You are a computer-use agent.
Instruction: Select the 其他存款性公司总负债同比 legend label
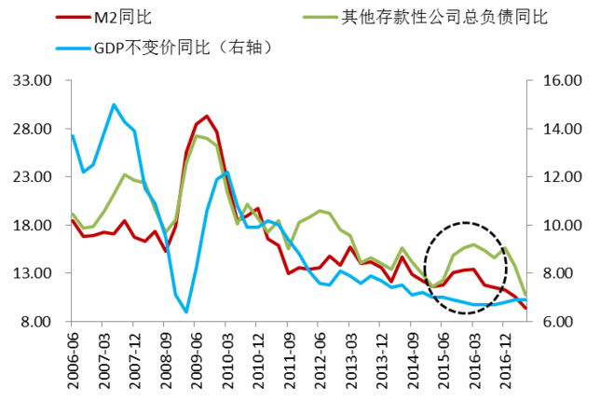[443, 16]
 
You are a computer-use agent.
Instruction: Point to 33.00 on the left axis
[33, 80]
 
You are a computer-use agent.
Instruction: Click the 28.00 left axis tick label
[33, 129]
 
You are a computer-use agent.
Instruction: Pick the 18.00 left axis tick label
[33, 225]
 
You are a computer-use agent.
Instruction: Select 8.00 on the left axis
[36, 322]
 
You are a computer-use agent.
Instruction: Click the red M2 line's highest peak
[207, 116]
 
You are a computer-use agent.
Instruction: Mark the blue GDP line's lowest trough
[186, 312]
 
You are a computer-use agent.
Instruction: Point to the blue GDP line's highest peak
[114, 104]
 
